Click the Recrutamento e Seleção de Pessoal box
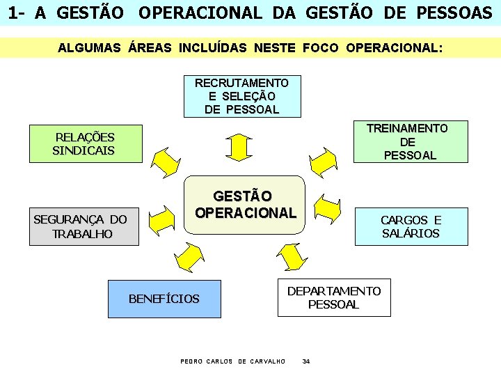(241, 96)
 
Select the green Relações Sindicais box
(85, 143)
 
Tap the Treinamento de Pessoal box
(408, 141)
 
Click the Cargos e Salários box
(411, 226)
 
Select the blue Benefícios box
(164, 299)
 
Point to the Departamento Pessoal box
(334, 297)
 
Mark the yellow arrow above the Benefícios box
(189, 256)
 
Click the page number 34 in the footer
(306, 361)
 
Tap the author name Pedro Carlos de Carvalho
(232, 361)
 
